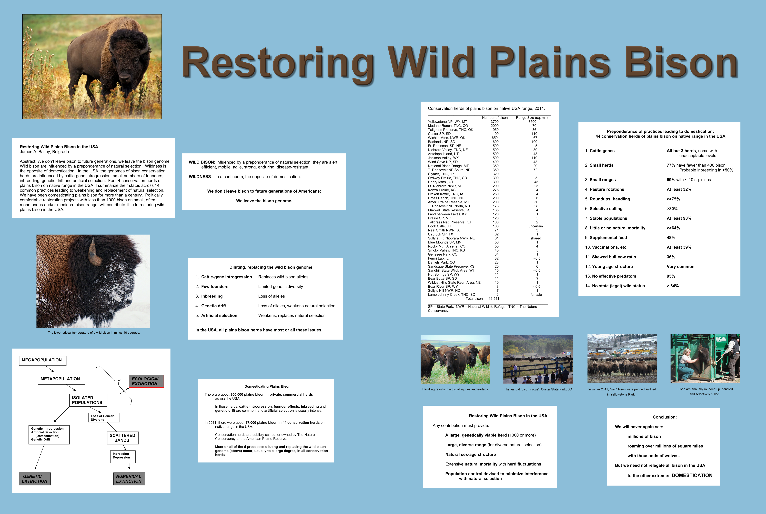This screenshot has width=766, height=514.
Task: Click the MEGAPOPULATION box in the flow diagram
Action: [x=43, y=361]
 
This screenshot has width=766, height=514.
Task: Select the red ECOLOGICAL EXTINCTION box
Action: [x=146, y=381]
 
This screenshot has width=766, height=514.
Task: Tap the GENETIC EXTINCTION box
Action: [x=35, y=479]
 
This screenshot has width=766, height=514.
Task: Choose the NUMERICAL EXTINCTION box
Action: [x=129, y=479]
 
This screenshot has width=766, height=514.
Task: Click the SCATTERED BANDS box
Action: [x=123, y=438]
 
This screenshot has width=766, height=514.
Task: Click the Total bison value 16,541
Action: [x=494, y=299]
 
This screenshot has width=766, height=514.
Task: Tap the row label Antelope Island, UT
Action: [x=443, y=154]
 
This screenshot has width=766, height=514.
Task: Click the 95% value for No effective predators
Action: [x=671, y=276]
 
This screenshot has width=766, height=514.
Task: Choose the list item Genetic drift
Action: [x=214, y=306]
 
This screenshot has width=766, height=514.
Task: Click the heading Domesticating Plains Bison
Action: [x=268, y=386]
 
